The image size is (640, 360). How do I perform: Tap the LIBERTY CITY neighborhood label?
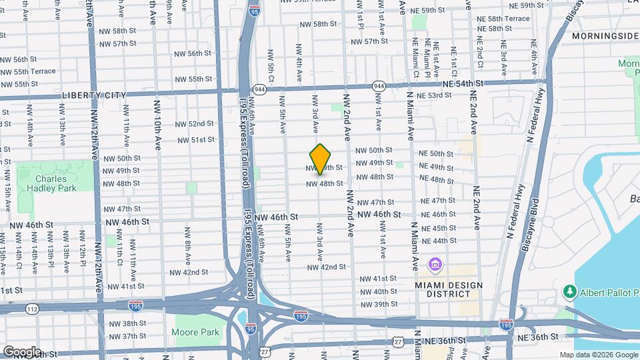(94, 95)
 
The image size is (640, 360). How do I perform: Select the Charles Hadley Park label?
(56, 183)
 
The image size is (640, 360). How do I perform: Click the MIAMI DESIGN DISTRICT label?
(448, 291)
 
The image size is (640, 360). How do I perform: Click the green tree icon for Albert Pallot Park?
(570, 291)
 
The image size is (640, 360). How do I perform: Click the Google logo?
(21, 351)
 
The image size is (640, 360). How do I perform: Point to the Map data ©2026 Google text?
(598, 355)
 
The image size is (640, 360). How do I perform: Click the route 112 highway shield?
(32, 309)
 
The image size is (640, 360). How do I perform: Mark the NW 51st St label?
(196, 139)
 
